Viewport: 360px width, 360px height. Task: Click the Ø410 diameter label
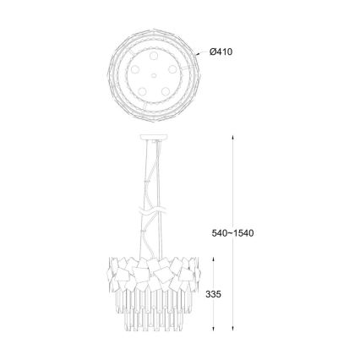point(221,52)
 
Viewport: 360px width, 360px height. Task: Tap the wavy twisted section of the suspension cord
point(150,206)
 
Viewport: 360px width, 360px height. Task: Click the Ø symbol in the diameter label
point(212,52)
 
